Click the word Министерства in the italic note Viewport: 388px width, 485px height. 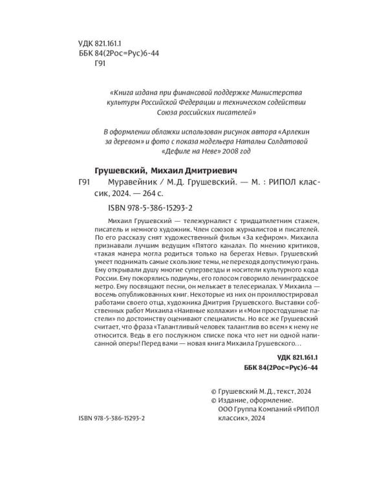click(285, 91)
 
